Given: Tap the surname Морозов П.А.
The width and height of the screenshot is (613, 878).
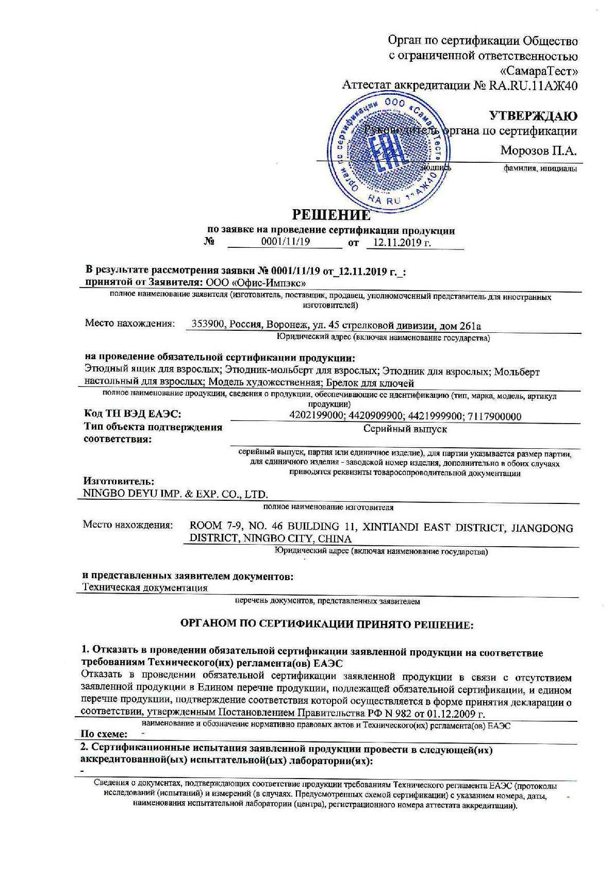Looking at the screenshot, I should click(538, 151).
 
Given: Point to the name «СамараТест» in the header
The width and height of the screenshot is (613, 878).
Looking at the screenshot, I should click(539, 70).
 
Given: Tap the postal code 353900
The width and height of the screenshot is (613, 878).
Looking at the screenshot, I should click(207, 325).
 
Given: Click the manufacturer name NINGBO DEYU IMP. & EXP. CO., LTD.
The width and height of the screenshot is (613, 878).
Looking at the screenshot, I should click(176, 494).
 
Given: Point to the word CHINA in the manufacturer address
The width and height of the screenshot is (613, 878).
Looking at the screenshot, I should click(335, 539).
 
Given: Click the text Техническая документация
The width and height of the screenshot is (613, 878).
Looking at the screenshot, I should click(145, 587).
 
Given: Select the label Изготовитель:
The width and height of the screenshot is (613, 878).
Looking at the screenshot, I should click(119, 481).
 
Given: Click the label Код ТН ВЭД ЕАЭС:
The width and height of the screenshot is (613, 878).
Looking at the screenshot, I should click(133, 415).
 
